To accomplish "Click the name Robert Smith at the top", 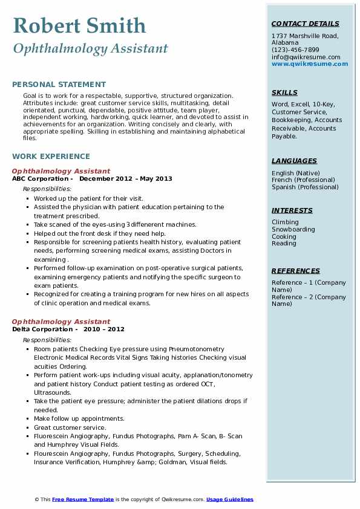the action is pyautogui.click(x=79, y=25).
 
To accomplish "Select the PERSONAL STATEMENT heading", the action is pyautogui.click(x=59, y=85).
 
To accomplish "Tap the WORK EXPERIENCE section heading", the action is pyautogui.click(x=51, y=156).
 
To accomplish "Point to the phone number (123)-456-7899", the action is pyautogui.click(x=295, y=50).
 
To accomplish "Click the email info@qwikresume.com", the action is pyautogui.click(x=306, y=57).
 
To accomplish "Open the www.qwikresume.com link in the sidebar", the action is pyautogui.click(x=310, y=63).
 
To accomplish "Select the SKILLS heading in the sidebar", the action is pyautogui.click(x=284, y=92).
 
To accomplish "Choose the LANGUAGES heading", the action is pyautogui.click(x=294, y=161).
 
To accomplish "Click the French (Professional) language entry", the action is pyautogui.click(x=303, y=180).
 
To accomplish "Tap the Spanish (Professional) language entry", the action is pyautogui.click(x=304, y=187).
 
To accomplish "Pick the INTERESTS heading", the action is pyautogui.click(x=292, y=210).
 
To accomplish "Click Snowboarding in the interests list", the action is pyautogui.click(x=293, y=230).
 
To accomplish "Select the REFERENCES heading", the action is pyautogui.click(x=295, y=271).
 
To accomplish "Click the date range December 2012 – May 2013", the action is pyautogui.click(x=125, y=179).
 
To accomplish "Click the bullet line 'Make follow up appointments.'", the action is pyautogui.click(x=79, y=418).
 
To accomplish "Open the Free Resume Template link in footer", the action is pyautogui.click(x=83, y=499).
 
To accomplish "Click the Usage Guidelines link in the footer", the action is pyautogui.click(x=229, y=499).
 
